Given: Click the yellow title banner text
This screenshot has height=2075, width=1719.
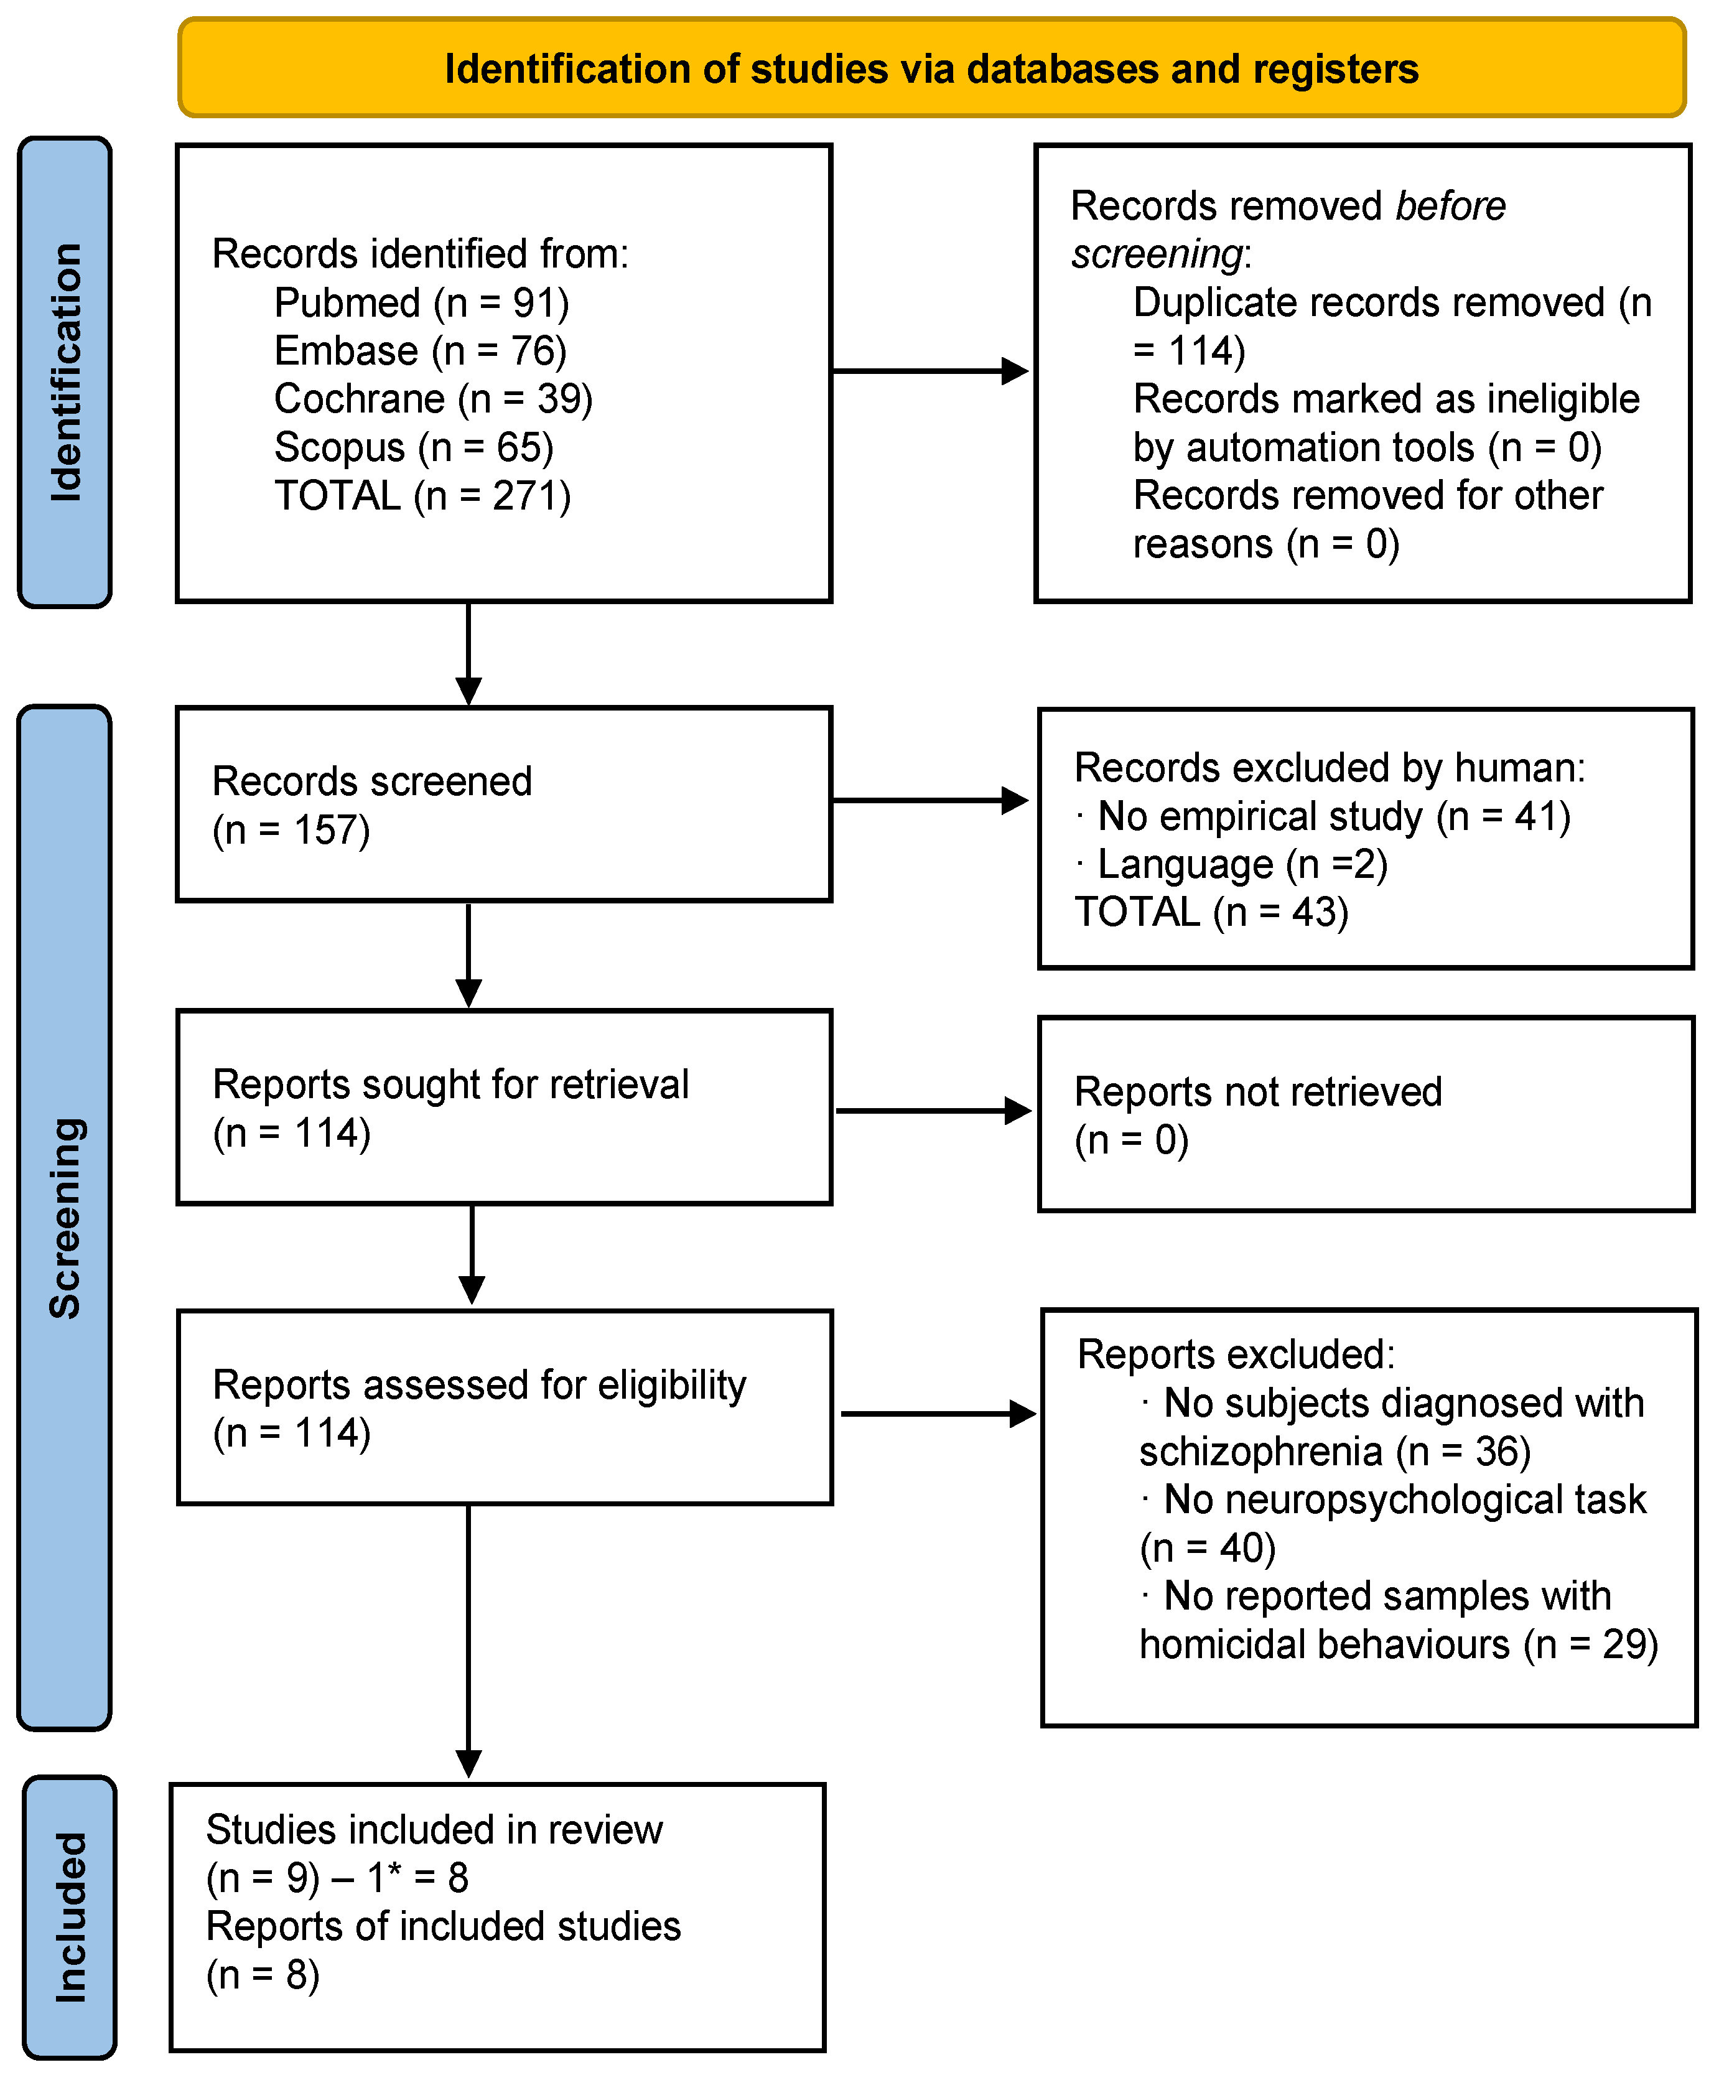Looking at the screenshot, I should [931, 69].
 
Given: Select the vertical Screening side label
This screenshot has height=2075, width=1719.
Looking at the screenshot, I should [65, 1218].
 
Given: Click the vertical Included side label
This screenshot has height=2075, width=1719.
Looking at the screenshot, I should [69, 1917].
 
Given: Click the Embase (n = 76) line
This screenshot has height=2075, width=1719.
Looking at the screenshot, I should [420, 351].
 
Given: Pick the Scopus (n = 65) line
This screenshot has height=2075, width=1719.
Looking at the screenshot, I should [413, 447].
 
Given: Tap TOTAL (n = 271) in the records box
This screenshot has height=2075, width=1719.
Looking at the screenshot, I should [422, 496].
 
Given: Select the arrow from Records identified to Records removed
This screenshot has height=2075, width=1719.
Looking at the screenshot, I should [929, 371].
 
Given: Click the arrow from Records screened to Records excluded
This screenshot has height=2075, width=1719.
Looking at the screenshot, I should [929, 800].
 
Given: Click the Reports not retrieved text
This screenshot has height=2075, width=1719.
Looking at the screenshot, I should [1257, 1093].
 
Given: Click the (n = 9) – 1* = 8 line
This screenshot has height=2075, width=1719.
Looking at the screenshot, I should [336, 1878].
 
